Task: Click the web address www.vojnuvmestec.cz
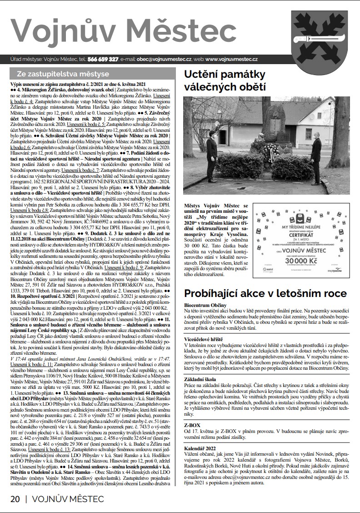(232, 59)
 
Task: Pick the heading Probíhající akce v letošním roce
(265, 293)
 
